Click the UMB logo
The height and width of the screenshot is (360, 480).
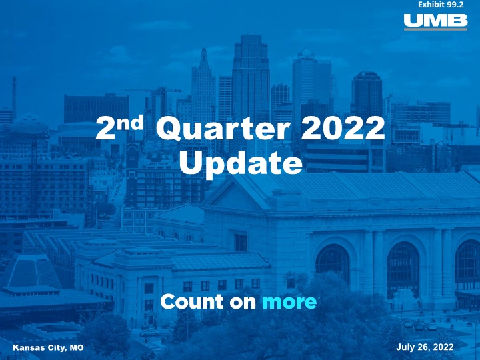435,22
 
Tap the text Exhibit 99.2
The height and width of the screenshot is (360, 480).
441,5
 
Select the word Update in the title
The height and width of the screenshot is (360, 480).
241,164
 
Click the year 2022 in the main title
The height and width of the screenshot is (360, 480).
343,128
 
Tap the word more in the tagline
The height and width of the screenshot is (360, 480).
289,302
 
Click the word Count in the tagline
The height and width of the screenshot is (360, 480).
192,301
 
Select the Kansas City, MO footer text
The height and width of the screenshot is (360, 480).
48,348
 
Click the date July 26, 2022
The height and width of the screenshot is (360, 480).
425,347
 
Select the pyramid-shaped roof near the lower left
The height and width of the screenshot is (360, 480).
31,271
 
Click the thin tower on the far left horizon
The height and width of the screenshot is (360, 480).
14,95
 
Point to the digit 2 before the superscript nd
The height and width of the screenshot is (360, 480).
106,129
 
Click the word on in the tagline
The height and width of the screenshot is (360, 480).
243,303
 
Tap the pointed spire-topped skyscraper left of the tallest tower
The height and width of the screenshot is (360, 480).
203,86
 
